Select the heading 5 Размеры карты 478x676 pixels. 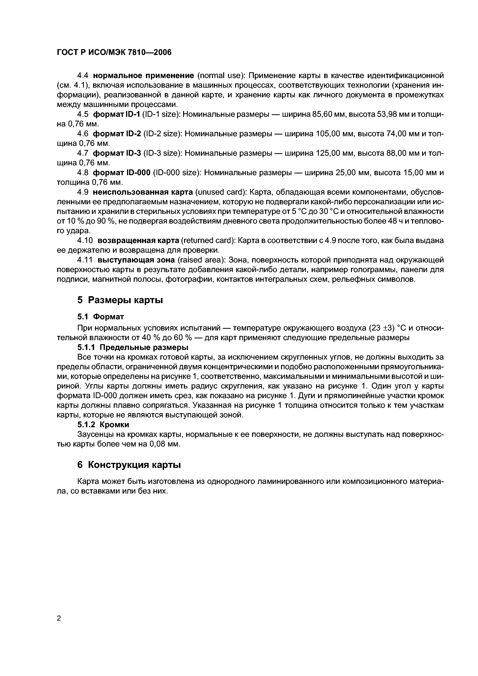pyautogui.click(x=120, y=300)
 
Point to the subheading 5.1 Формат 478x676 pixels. pyautogui.click(x=100, y=316)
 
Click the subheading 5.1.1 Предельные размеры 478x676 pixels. pyautogui.click(x=133, y=347)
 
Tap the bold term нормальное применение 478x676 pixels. pyautogui.click(x=143, y=76)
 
